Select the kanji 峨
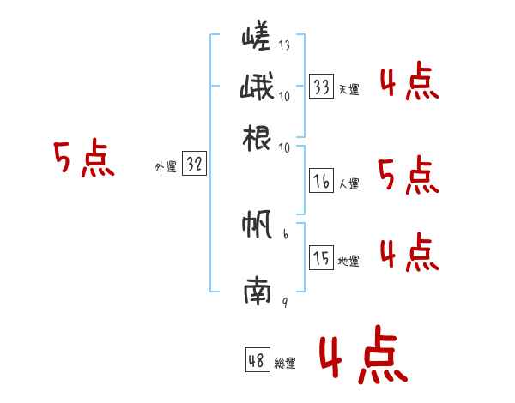(x=257, y=87)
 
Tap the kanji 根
(x=257, y=138)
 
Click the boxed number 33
(x=322, y=87)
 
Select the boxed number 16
(x=322, y=181)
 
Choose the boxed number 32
(x=194, y=165)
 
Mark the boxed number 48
(x=257, y=361)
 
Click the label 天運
(x=348, y=89)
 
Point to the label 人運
(x=348, y=183)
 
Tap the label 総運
(x=285, y=364)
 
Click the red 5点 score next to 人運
(x=408, y=176)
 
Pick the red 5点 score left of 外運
(x=83, y=160)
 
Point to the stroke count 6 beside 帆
(x=284, y=233)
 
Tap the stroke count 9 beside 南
(x=284, y=301)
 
